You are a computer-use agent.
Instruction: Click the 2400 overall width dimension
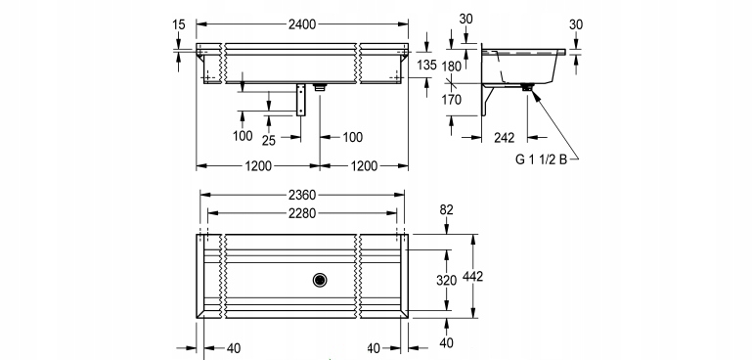point(302,23)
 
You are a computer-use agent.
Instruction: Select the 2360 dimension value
point(302,195)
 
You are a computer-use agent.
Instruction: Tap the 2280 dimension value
point(302,213)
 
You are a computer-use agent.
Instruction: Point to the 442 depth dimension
point(472,277)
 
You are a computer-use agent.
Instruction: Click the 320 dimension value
point(446,280)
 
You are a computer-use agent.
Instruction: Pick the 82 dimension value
point(446,209)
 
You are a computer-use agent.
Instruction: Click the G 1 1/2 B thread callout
point(541,159)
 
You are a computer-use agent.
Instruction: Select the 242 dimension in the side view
point(505,138)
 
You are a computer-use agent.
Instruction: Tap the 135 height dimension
point(426,65)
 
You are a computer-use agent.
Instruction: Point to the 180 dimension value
point(452,67)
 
